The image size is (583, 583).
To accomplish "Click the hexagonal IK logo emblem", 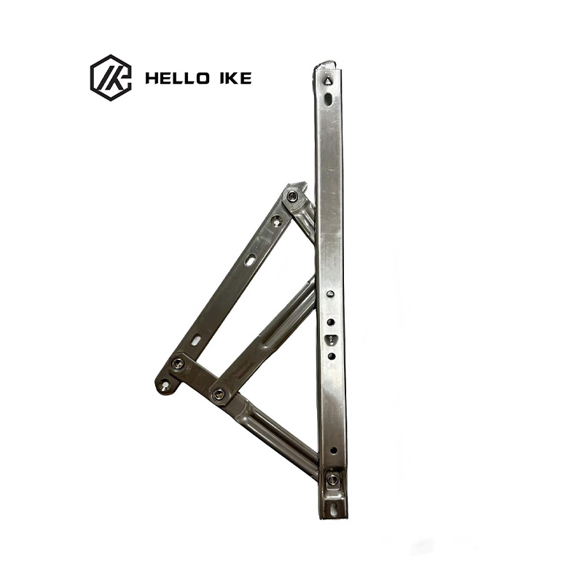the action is [111, 78].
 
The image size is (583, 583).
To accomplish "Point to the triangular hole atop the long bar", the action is [327, 82].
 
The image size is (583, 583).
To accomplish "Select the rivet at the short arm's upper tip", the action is [292, 195].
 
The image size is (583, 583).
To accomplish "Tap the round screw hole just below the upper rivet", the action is [278, 221].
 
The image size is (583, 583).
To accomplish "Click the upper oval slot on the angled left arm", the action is [249, 260].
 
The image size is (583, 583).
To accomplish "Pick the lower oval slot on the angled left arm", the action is [197, 340].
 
